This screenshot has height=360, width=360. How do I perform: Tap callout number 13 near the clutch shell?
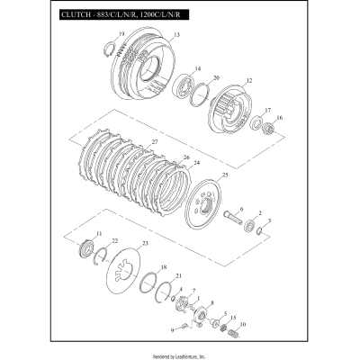tap(176, 35)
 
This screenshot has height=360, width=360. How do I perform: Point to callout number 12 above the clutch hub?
tap(249, 81)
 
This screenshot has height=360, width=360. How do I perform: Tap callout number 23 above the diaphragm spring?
tap(146, 244)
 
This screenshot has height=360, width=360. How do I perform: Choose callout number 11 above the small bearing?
tap(98, 233)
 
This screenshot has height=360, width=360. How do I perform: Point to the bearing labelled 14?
tap(192, 92)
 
